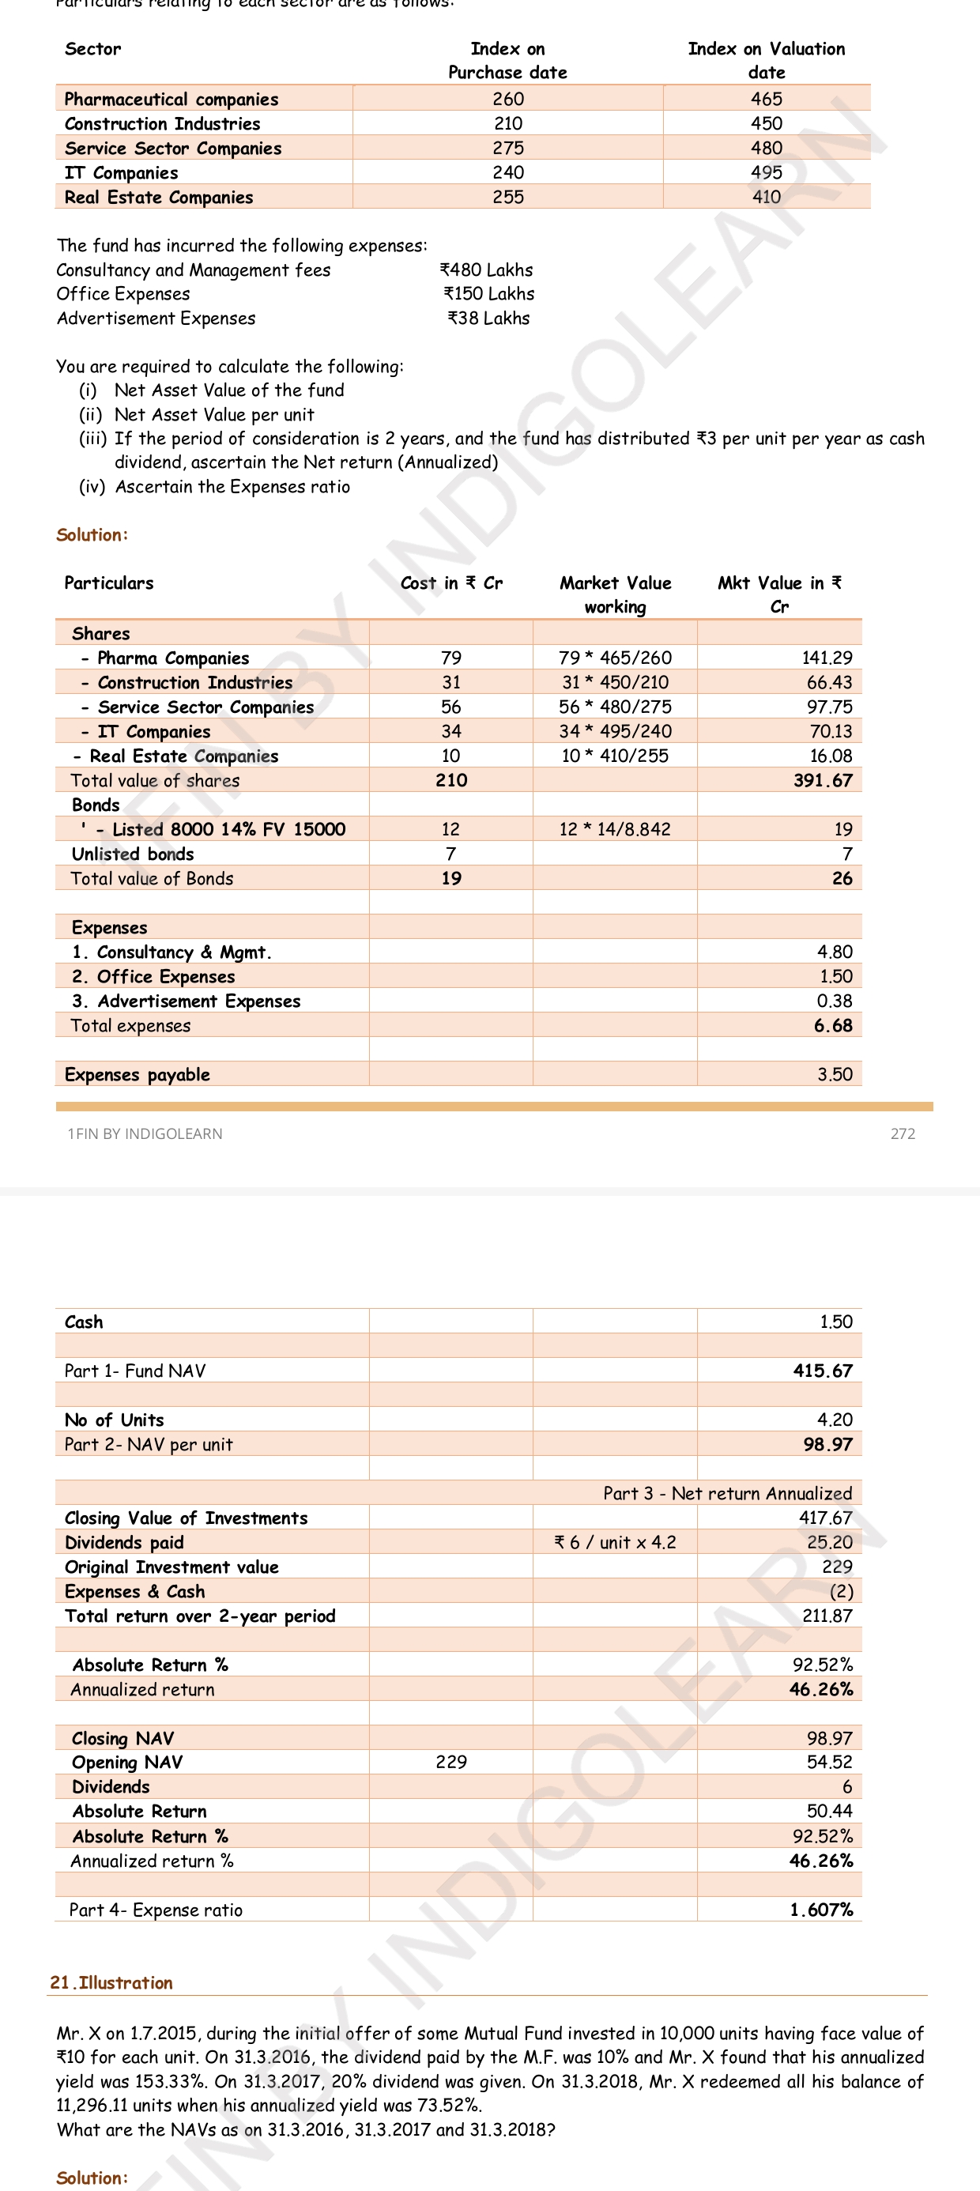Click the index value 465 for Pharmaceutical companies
tap(766, 99)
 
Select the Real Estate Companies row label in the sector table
tap(158, 198)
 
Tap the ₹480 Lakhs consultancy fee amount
tap(486, 270)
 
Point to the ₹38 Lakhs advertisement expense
tap(488, 318)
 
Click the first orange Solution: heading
tap(92, 535)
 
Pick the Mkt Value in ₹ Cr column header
tap(779, 594)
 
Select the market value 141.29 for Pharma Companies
tap(826, 658)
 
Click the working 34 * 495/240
tap(615, 731)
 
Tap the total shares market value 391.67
tap(822, 781)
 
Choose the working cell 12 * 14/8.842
tap(615, 829)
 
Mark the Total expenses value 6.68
tap(832, 1026)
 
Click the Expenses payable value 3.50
tap(835, 1074)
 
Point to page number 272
tap(903, 1133)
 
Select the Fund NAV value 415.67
tap(822, 1371)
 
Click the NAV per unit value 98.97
tap(827, 1444)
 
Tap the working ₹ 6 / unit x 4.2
tap(615, 1542)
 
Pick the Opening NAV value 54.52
tap(828, 1763)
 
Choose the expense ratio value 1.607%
tap(821, 1910)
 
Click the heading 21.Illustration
tap(111, 1982)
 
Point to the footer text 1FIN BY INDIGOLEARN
tap(145, 1133)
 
